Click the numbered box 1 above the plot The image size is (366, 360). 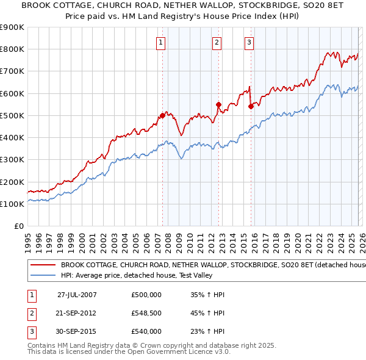click(x=160, y=42)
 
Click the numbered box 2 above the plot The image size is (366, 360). click(x=217, y=42)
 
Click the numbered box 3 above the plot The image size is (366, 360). click(x=249, y=42)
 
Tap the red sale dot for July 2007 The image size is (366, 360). click(x=162, y=115)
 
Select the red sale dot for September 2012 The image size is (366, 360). click(x=218, y=104)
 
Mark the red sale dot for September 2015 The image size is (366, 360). click(x=251, y=106)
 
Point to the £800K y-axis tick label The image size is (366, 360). click(x=12, y=49)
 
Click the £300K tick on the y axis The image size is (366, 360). click(x=12, y=160)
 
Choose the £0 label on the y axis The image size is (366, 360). click(x=18, y=226)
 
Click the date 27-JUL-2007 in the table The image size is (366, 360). click(x=77, y=295)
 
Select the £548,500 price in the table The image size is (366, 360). click(x=146, y=313)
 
